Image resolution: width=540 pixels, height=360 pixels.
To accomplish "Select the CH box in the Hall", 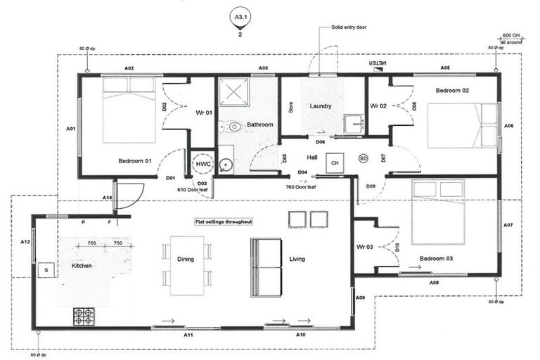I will coord(335,162).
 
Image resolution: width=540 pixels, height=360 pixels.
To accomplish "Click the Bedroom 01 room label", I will coord(135,161).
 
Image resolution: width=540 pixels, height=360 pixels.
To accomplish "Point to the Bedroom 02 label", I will coord(452,91).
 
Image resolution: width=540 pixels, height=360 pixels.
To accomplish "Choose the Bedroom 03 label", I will coord(436,259).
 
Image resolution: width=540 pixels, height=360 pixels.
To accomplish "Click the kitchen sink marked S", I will coord(46,269).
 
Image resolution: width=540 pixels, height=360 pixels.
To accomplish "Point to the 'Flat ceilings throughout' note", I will coord(224,221).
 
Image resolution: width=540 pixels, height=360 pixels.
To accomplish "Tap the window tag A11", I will coord(188,335).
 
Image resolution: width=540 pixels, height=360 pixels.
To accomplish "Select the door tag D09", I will coord(371,186).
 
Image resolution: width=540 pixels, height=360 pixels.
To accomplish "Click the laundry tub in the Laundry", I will coord(352,123).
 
